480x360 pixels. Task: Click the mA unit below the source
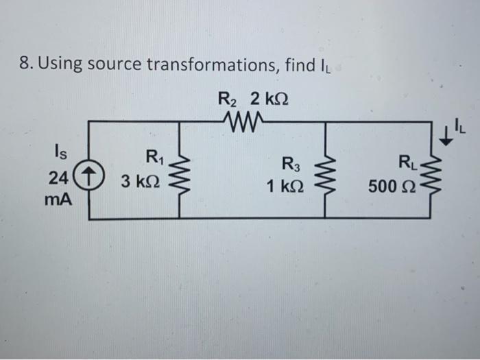point(60,202)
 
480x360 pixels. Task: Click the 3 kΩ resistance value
point(141,183)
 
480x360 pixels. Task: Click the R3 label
point(291,163)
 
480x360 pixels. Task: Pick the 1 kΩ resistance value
point(283,186)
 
